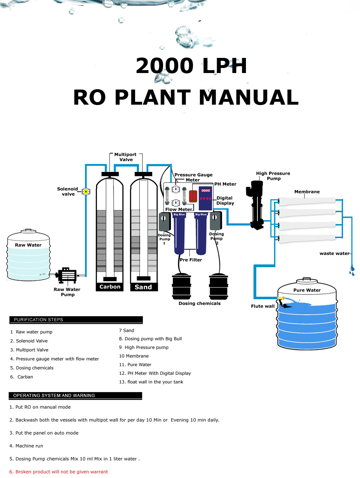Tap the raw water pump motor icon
[x=67, y=276]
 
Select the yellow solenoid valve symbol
[x=86, y=191]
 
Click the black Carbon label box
[x=110, y=287]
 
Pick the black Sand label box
[x=143, y=287]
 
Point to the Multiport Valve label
[x=126, y=157]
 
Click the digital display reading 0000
[x=206, y=191]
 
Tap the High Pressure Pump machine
[x=257, y=205]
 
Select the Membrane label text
[x=307, y=192]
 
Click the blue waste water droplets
[x=352, y=270]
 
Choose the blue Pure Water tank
[x=307, y=317]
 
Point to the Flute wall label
[x=262, y=306]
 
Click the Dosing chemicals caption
[x=199, y=303]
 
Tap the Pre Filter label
[x=191, y=260]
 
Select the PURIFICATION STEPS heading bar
[x=76, y=320]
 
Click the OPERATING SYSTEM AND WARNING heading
[x=75, y=396]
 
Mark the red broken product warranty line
[x=59, y=472]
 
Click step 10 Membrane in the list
[x=134, y=356]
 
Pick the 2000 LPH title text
[x=191, y=66]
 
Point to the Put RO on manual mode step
[x=40, y=407]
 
